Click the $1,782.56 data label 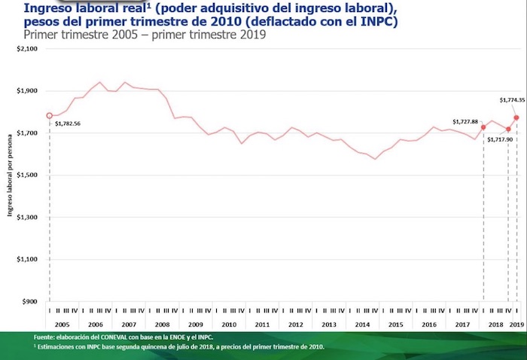coord(67,124)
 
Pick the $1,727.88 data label coord(465,121)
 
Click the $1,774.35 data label coord(512,99)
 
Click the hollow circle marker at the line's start coord(50,116)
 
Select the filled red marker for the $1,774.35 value coord(516,117)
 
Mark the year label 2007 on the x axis coord(129,324)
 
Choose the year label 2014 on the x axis coord(362,324)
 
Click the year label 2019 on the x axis coord(516,324)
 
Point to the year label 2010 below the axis coord(229,324)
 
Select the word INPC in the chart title coord(380,22)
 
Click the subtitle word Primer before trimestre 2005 coord(41,35)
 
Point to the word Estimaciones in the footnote coord(62,347)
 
